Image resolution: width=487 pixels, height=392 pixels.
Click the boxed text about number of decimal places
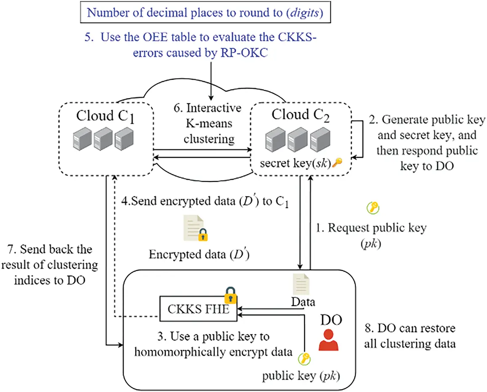click(x=205, y=12)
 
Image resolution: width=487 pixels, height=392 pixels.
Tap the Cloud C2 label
click(x=301, y=114)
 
